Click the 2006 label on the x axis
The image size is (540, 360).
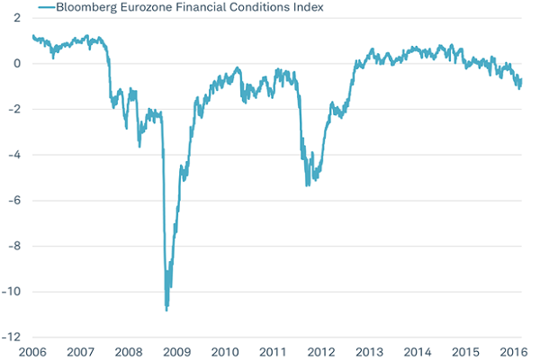[32, 351]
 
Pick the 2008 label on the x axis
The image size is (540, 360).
[129, 351]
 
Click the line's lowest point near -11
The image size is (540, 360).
[166, 310]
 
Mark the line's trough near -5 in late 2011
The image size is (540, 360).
[307, 185]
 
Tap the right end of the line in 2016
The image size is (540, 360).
[521, 80]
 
